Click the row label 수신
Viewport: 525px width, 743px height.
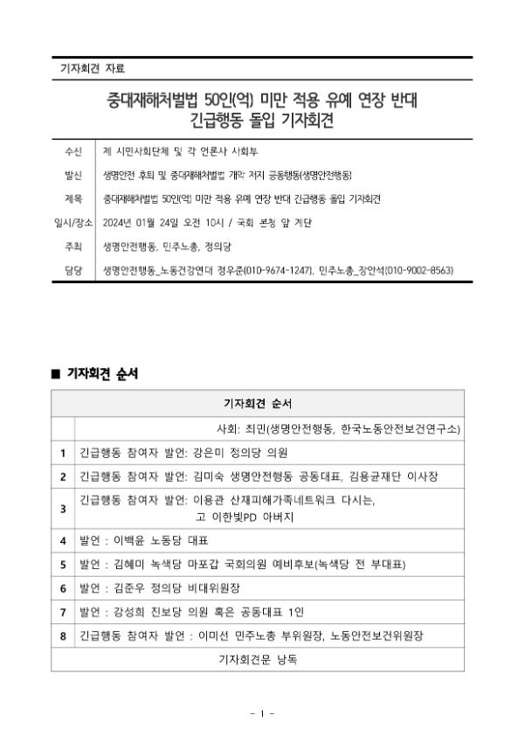click(x=73, y=152)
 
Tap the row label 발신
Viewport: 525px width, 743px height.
click(x=73, y=176)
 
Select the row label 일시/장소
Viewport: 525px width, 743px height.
click(x=73, y=223)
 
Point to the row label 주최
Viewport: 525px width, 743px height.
click(x=73, y=247)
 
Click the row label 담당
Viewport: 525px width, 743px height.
click(x=73, y=271)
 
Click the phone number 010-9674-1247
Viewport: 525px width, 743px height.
click(x=279, y=271)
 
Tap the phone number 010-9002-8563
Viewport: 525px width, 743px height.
click(x=419, y=271)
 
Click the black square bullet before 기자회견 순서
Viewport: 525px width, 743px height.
click(x=56, y=374)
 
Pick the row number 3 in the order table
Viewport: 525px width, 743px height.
click(x=63, y=508)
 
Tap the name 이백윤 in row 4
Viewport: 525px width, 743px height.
click(x=131, y=541)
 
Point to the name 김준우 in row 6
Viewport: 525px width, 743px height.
click(x=131, y=587)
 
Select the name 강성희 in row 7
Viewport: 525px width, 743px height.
click(x=131, y=611)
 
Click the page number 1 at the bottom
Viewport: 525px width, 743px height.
click(x=262, y=714)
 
